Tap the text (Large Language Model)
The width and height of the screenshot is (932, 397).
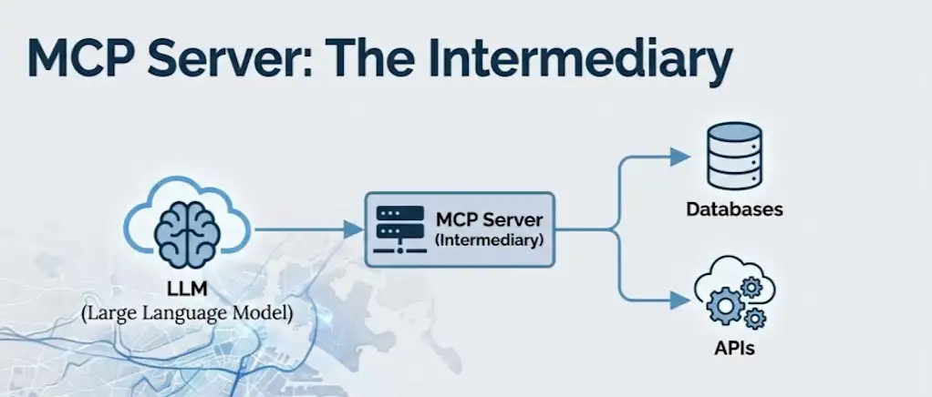(x=186, y=314)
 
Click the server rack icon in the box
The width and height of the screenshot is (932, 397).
(x=399, y=229)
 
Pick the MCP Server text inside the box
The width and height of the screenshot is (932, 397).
(x=489, y=221)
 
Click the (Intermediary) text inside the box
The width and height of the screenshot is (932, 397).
(x=489, y=241)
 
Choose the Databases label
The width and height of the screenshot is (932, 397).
(x=734, y=210)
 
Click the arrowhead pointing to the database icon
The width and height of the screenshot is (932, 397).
(x=678, y=158)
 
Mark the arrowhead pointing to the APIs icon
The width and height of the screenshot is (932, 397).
(x=678, y=297)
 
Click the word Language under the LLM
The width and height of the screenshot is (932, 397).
(x=187, y=314)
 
